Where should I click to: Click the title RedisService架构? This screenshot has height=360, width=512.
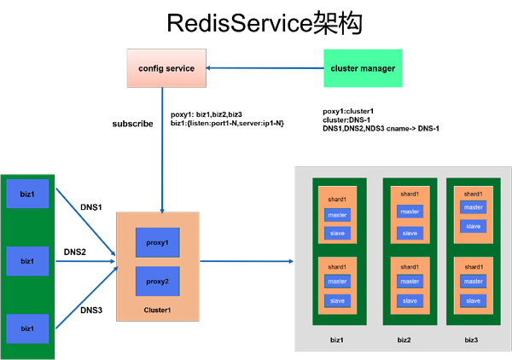(x=265, y=23)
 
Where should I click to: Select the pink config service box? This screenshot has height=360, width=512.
(x=166, y=68)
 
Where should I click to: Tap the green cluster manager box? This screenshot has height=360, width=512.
(x=363, y=68)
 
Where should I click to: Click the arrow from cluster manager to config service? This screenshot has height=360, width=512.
(x=265, y=68)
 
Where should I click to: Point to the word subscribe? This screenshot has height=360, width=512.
(x=132, y=124)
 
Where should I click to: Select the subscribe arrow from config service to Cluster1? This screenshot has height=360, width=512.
(x=162, y=150)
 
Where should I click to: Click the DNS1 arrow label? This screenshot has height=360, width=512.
(x=91, y=207)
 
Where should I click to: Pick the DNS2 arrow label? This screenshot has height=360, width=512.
(x=75, y=252)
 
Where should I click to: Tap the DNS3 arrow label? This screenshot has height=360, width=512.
(x=91, y=310)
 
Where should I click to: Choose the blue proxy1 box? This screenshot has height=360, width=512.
(x=158, y=242)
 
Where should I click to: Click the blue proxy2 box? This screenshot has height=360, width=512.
(x=158, y=281)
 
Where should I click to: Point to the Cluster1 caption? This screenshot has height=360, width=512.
(x=157, y=310)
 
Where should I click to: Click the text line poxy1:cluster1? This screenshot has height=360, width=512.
(x=348, y=111)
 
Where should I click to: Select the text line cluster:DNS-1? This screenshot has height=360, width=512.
(x=346, y=119)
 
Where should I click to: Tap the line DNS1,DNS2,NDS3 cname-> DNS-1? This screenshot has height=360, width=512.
(x=381, y=129)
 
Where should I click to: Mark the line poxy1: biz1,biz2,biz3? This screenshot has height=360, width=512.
(x=207, y=114)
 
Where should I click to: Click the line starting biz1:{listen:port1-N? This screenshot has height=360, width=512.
(x=227, y=124)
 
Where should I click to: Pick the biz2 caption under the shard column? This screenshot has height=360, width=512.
(x=404, y=340)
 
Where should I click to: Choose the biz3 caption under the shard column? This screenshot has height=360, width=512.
(x=471, y=340)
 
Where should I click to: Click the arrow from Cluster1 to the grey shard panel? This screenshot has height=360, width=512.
(x=247, y=261)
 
